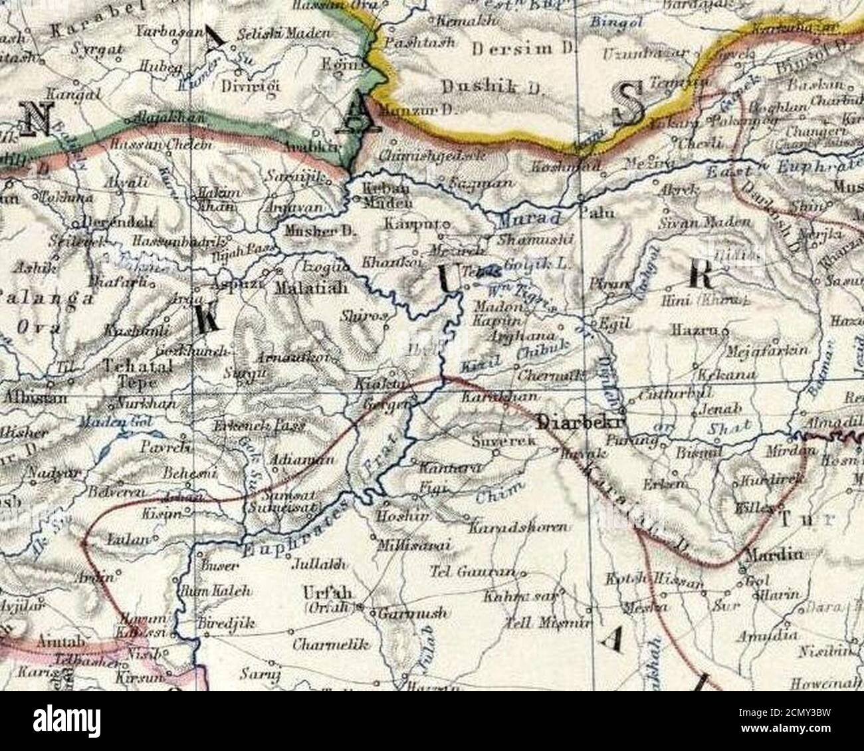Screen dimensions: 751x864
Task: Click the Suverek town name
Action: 494,441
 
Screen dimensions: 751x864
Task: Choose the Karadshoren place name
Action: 518,528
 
